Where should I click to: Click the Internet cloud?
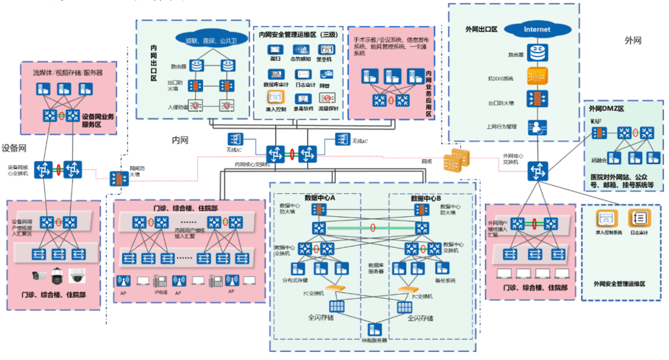coord(536,29)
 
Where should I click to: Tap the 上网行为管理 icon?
coord(536,127)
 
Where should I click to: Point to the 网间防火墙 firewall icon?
coord(117,178)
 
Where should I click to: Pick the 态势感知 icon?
coord(300,50)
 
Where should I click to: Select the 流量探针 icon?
coord(328,97)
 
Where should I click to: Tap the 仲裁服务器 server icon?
coord(374,329)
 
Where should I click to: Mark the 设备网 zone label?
coord(13,148)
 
